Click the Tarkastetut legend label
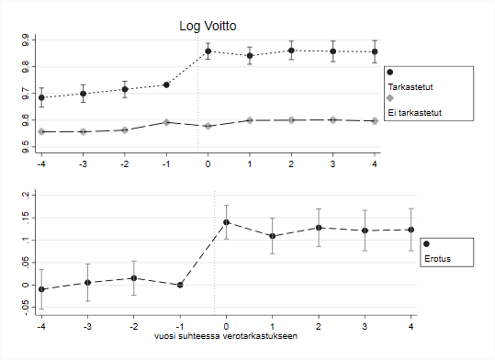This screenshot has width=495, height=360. [411, 86]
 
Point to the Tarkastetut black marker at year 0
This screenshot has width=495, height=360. [208, 51]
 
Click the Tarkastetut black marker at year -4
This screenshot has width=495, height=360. [41, 97]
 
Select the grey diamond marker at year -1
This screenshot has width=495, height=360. [166, 122]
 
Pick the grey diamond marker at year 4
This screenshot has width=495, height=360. [375, 121]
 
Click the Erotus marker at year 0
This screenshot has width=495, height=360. [226, 222]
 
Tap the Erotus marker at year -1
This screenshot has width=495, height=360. [181, 285]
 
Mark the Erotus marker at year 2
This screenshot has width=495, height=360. [319, 228]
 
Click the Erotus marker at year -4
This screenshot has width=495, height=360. [41, 289]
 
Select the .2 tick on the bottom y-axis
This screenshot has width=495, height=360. [27, 195]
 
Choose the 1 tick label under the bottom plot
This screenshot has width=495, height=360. [273, 326]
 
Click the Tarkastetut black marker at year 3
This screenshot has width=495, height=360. [332, 51]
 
